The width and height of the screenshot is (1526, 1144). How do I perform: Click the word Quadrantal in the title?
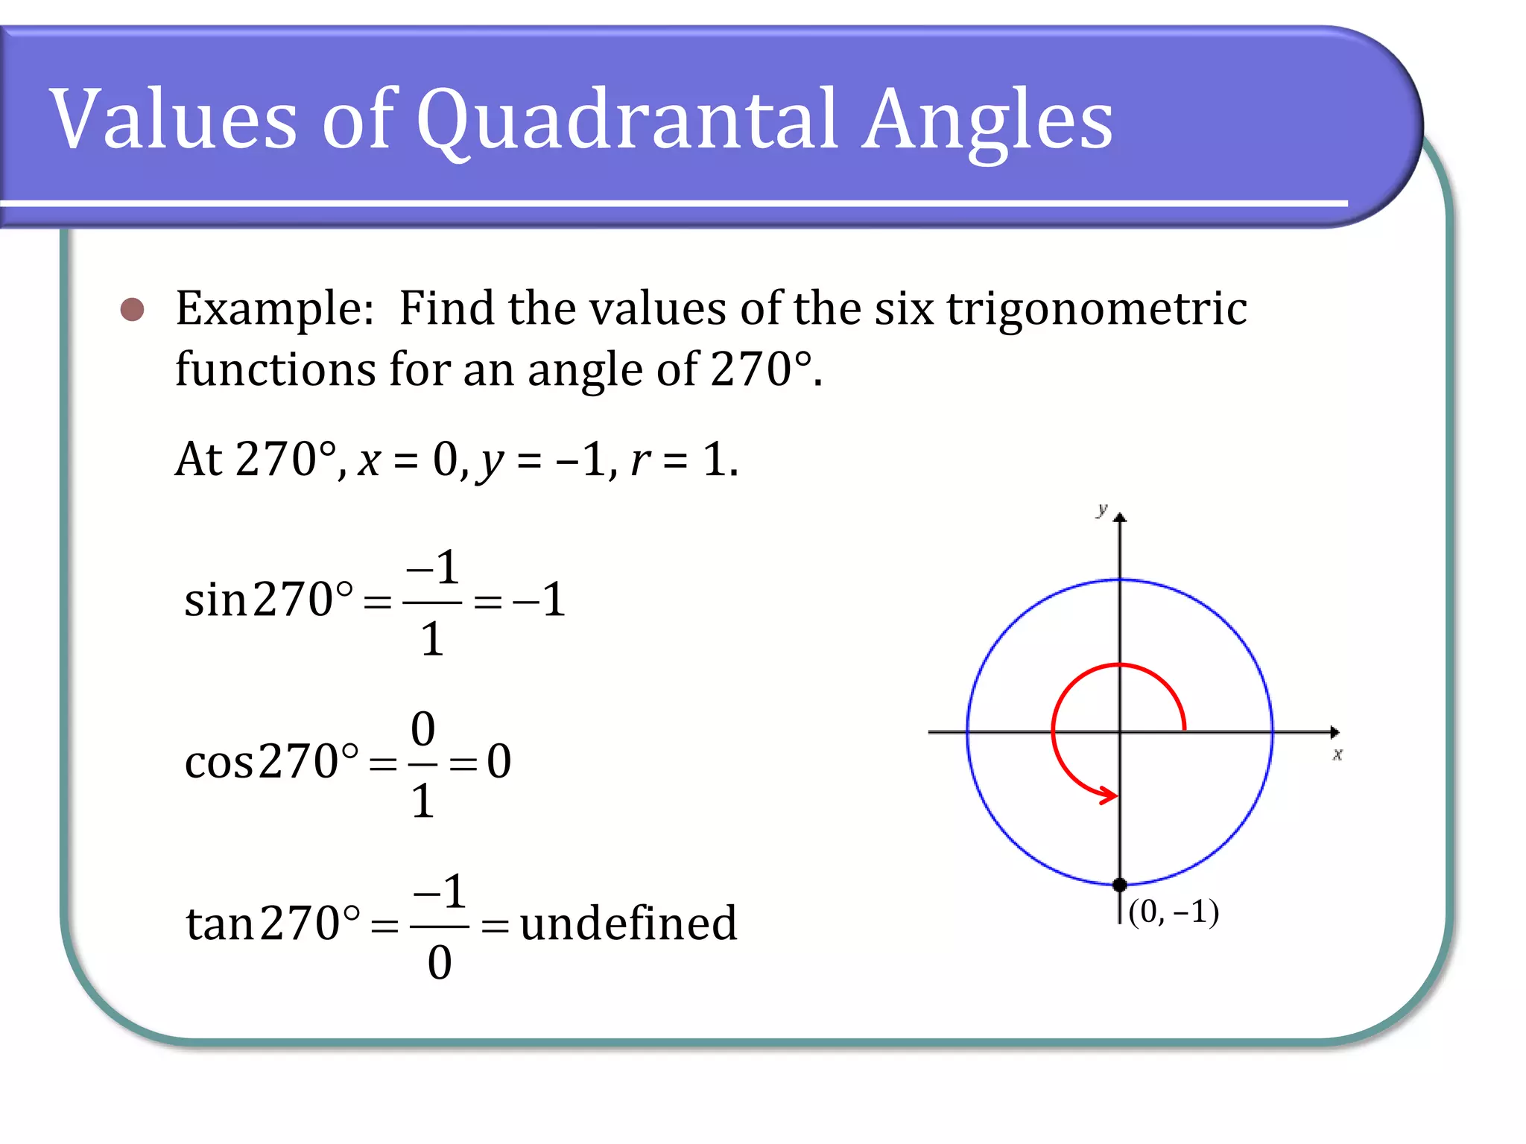[626, 119]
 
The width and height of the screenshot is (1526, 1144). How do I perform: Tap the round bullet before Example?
[133, 309]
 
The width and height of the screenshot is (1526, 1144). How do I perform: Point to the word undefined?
[628, 924]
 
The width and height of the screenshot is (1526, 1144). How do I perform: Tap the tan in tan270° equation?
[220, 924]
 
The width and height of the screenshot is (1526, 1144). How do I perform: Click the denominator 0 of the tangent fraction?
[440, 962]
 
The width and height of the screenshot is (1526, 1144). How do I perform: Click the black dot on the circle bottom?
[1119, 885]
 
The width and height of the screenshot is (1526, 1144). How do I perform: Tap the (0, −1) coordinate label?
[1174, 912]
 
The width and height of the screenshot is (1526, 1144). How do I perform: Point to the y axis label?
[1101, 509]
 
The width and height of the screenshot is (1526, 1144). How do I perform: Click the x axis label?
[1337, 754]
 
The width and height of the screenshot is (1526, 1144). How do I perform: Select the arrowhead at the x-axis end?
[1335, 733]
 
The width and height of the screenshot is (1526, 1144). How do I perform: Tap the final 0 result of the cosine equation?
[499, 761]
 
